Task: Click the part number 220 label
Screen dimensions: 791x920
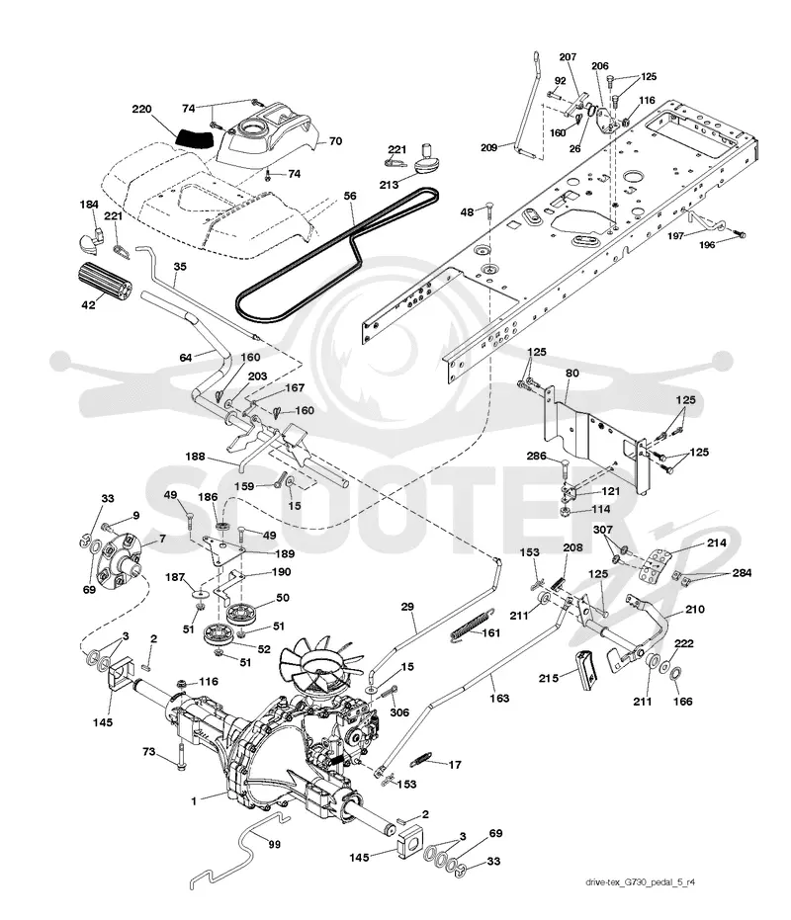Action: (x=141, y=109)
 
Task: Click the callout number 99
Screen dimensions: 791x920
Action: (x=274, y=844)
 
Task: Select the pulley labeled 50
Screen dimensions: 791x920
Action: (x=242, y=614)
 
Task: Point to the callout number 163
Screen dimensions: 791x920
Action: (x=499, y=699)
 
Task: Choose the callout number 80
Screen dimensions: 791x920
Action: (x=571, y=374)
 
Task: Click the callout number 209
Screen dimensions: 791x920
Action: (x=488, y=148)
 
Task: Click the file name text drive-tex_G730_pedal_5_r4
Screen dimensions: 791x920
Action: (x=640, y=882)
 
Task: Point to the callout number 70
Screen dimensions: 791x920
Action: (x=335, y=140)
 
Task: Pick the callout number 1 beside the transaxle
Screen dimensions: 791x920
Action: (x=194, y=800)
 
